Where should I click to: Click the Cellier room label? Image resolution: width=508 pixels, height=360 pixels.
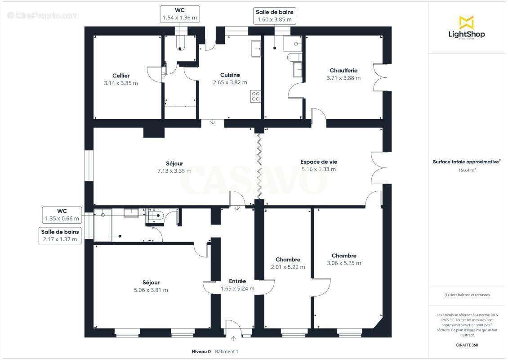[x=121, y=76]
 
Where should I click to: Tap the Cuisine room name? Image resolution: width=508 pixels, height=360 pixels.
[x=230, y=75]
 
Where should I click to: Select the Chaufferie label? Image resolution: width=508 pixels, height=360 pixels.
[x=343, y=70]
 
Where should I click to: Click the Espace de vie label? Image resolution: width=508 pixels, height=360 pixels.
[x=318, y=162]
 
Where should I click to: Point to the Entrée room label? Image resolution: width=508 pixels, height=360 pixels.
[x=237, y=281]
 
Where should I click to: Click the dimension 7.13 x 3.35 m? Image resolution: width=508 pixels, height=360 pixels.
[x=174, y=171]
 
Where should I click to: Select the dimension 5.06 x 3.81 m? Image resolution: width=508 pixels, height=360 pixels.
[x=151, y=290]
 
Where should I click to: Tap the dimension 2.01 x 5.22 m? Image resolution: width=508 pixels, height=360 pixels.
[x=288, y=267]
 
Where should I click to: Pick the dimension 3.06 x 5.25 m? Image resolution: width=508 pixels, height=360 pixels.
[x=344, y=263]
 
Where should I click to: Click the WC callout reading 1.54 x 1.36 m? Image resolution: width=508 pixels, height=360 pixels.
[x=180, y=14]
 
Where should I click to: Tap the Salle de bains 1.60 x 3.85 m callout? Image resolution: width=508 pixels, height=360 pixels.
[x=274, y=16]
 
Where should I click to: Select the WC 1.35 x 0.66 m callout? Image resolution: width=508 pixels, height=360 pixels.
[x=62, y=215]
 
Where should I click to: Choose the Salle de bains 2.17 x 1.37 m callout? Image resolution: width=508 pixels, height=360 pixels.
[x=60, y=235]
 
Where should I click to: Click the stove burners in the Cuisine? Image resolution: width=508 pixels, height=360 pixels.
[x=256, y=96]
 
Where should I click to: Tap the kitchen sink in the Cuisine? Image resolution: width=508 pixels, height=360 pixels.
[x=256, y=49]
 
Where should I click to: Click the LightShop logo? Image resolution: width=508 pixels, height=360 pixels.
[x=467, y=28]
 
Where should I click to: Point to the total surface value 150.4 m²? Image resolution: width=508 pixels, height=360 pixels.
[x=467, y=170]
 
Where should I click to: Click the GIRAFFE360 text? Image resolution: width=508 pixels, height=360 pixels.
[x=467, y=345]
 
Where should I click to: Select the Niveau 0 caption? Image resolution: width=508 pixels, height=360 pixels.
[x=201, y=351]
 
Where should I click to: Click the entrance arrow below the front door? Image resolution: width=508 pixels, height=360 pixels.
[x=234, y=339]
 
